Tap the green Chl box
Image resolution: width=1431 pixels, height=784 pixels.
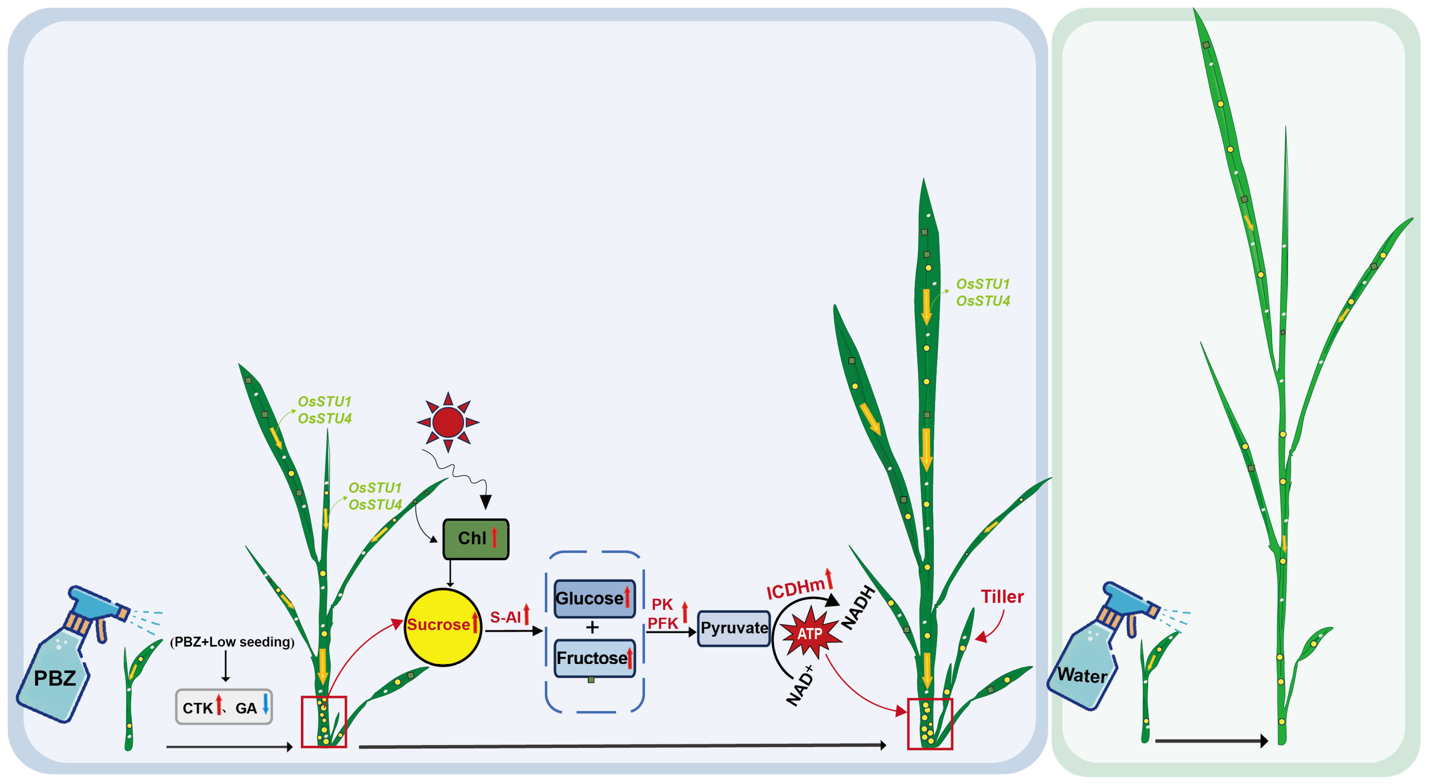(x=476, y=538)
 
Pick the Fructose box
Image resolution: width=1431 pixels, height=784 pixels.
(x=594, y=658)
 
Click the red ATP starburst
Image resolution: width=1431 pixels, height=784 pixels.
(x=810, y=633)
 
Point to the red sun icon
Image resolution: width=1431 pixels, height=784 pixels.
(x=448, y=422)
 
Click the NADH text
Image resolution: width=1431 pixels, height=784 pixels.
(x=858, y=607)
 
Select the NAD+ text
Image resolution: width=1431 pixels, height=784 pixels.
(x=800, y=686)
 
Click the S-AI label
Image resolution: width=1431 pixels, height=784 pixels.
(x=505, y=617)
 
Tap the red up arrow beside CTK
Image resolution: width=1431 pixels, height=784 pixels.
(x=219, y=704)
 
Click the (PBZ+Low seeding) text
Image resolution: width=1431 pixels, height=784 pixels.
(x=232, y=642)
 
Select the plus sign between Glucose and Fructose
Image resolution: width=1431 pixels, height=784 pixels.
(x=592, y=627)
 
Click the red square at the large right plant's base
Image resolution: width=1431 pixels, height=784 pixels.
(x=929, y=723)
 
